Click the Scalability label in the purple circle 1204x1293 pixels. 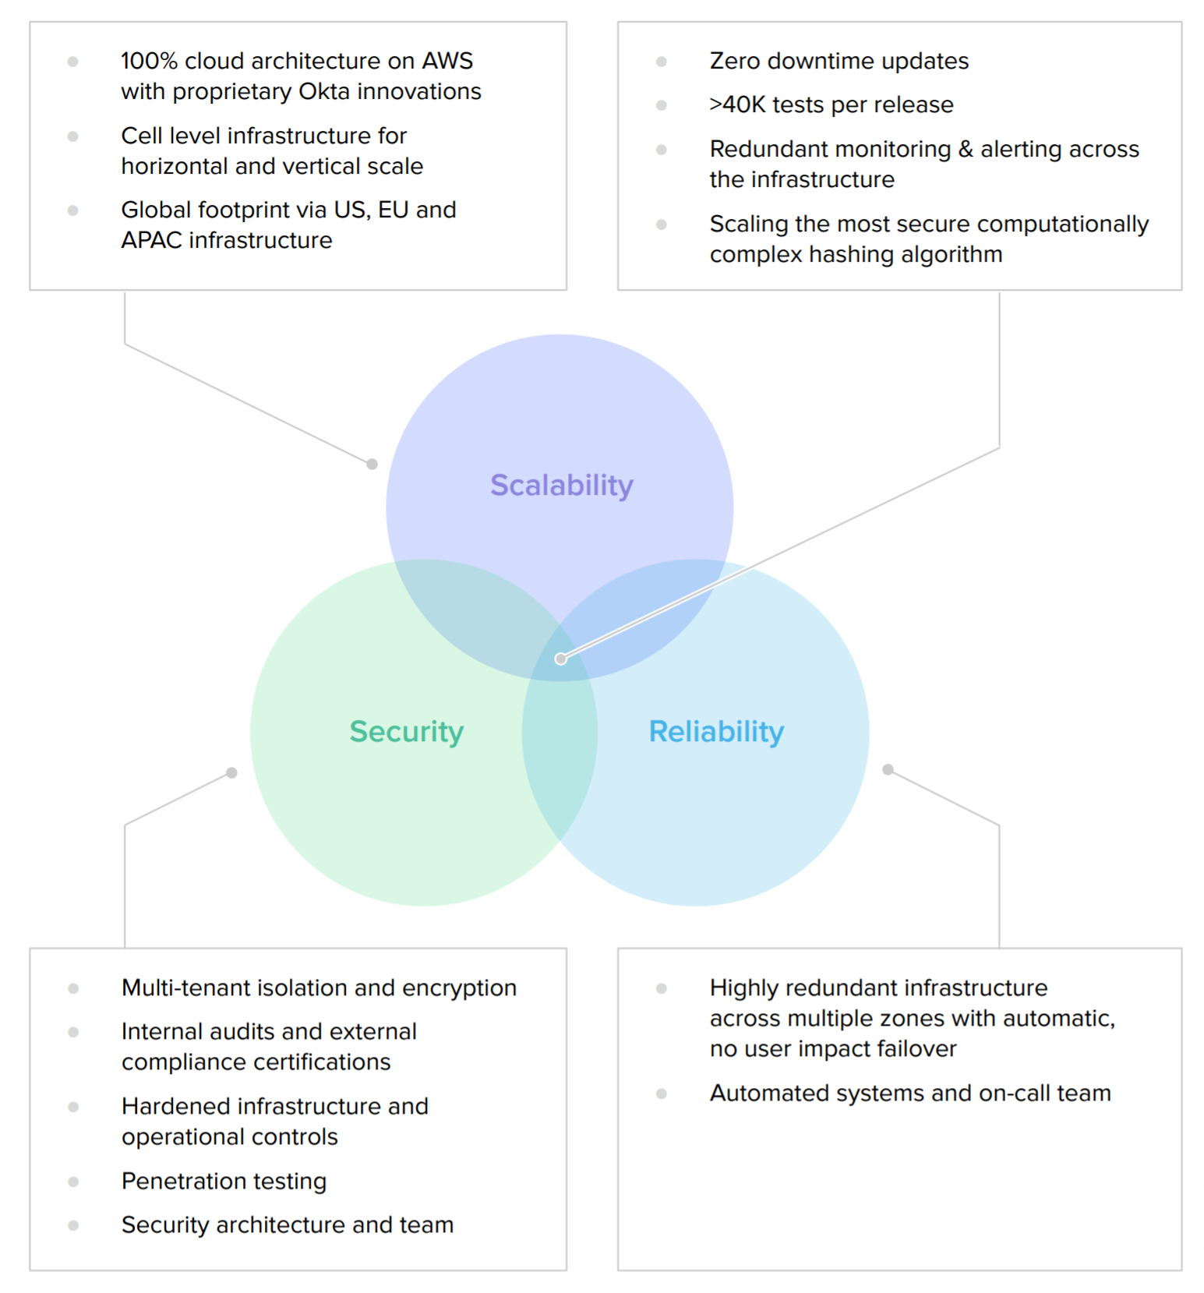561,486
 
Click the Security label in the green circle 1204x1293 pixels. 406,732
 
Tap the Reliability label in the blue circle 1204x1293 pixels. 716,732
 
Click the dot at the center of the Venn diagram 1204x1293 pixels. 560,659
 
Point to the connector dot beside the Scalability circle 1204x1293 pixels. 372,464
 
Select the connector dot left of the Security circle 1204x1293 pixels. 231,772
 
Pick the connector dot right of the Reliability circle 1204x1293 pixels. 888,769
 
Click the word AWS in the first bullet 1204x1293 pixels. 447,61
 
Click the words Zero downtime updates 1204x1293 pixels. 839,61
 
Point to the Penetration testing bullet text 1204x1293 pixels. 224,1181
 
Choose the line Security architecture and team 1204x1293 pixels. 287,1224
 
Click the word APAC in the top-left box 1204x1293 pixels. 151,240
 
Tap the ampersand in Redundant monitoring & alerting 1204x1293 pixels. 966,149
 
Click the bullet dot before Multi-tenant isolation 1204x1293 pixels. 73,988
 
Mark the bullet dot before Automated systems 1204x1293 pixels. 662,1093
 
